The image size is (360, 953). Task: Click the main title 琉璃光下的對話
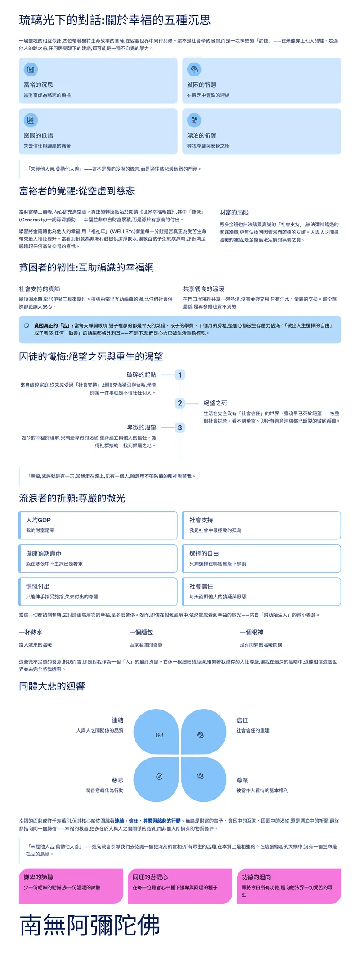pyautogui.click(x=115, y=20)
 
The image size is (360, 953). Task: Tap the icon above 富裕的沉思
pyautogui.click(x=31, y=69)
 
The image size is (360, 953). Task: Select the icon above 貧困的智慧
pyautogui.click(x=194, y=69)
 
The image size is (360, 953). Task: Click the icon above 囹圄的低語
pyautogui.click(x=31, y=120)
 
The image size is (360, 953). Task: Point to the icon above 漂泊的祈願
pyautogui.click(x=194, y=120)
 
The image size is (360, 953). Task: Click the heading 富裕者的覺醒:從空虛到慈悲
pyautogui.click(x=77, y=191)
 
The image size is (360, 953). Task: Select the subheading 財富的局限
pyautogui.click(x=234, y=212)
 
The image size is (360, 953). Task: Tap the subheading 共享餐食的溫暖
pyautogui.click(x=203, y=289)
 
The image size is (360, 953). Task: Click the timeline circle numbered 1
pyautogui.click(x=180, y=375)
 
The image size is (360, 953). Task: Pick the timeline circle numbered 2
pyautogui.click(x=180, y=403)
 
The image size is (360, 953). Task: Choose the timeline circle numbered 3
pyautogui.click(x=180, y=427)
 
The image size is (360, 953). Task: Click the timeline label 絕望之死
pyautogui.click(x=215, y=403)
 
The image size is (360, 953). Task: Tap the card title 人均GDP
pyautogui.click(x=38, y=520)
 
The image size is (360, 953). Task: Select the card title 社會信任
pyautogui.click(x=201, y=586)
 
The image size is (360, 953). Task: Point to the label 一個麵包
pyautogui.click(x=141, y=632)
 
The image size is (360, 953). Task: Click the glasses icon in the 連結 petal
pyautogui.click(x=159, y=735)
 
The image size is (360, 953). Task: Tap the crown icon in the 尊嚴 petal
pyautogui.click(x=201, y=776)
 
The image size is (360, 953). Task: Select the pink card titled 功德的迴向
pyautogui.click(x=288, y=886)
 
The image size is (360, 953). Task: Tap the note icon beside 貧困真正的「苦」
pyautogui.click(x=27, y=325)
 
